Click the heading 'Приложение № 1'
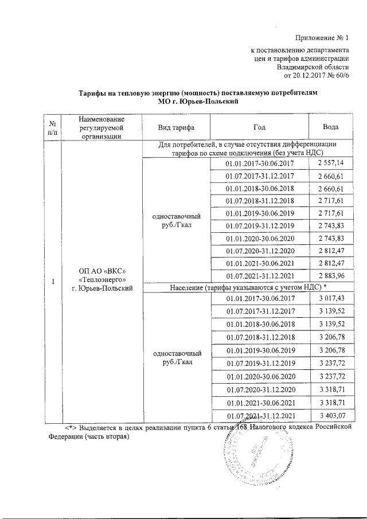[322, 38]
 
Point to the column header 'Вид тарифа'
[176, 126]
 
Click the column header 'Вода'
[330, 126]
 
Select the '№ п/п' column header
[53, 127]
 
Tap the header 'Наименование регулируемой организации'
[101, 127]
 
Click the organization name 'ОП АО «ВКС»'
[101, 270]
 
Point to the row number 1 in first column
[53, 282]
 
